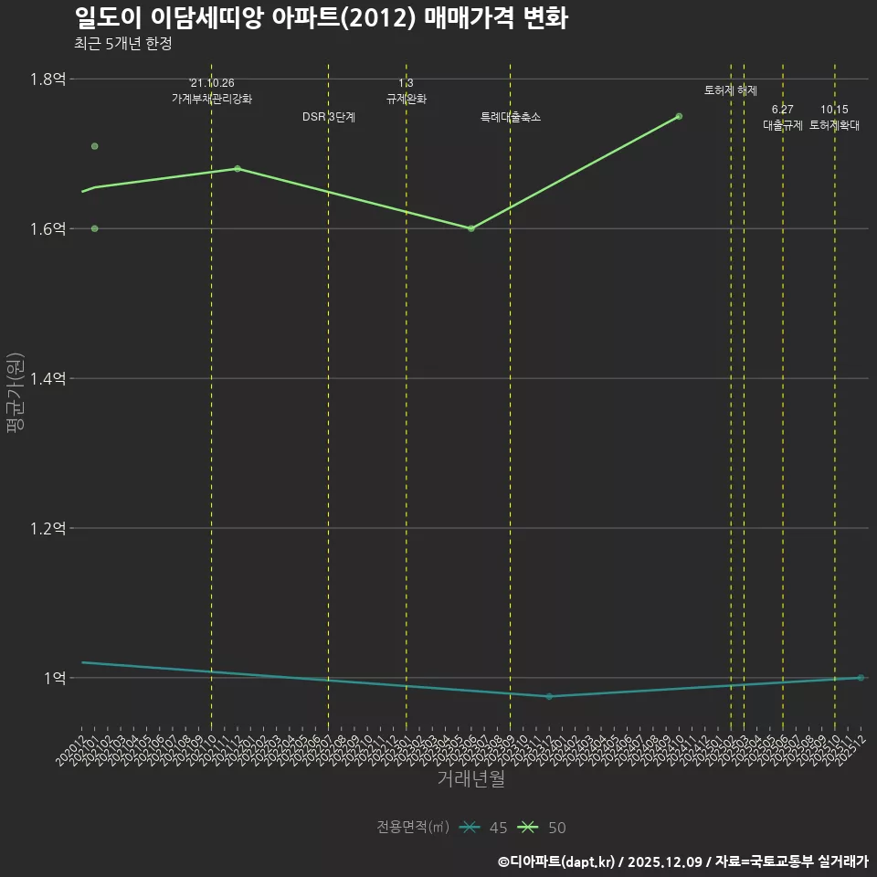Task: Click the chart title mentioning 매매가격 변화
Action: point(321,18)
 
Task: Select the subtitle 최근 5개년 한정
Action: point(122,44)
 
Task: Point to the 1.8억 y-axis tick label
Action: point(48,79)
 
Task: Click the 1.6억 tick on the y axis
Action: point(48,228)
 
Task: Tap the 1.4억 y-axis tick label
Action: point(48,378)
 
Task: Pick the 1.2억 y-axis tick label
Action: point(48,528)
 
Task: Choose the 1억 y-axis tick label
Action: point(53,678)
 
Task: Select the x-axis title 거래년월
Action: point(470,779)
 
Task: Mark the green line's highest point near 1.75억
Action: point(679,116)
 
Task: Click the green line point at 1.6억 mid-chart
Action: point(470,228)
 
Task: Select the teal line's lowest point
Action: point(549,696)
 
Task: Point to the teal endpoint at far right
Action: point(861,678)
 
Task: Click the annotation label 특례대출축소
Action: point(511,117)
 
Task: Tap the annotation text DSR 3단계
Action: point(329,117)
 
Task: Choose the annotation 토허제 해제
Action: point(731,90)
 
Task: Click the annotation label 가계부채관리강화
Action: point(212,99)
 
